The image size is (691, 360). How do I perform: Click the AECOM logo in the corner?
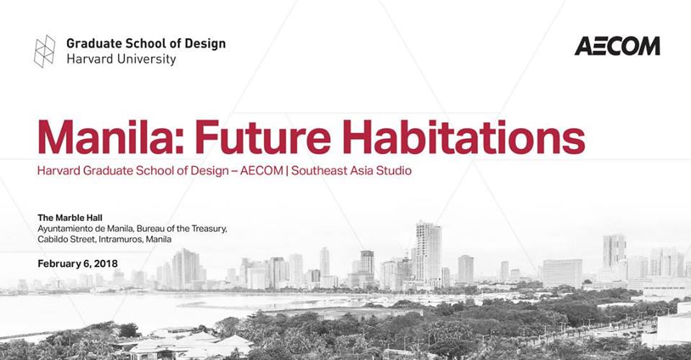pos(617,46)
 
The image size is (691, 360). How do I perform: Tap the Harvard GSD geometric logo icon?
pos(45,51)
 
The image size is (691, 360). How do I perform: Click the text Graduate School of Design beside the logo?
pos(146,43)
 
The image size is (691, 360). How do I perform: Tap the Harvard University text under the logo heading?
pos(121,60)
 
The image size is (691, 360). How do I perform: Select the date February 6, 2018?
pos(78,263)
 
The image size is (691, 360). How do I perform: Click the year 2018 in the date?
pos(105,263)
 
